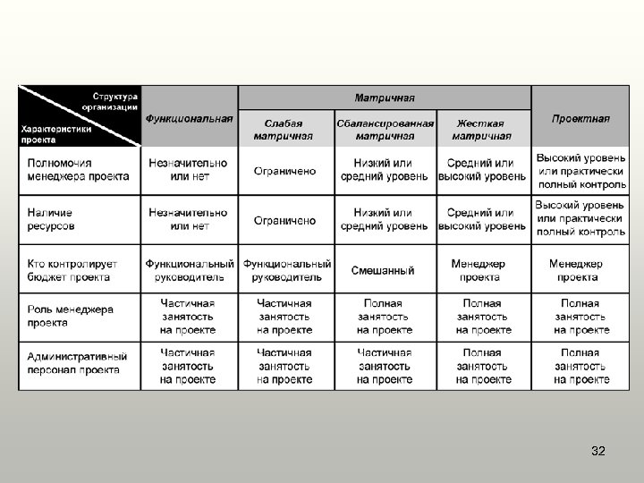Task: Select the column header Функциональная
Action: [x=190, y=117]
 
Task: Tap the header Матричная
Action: [x=385, y=97]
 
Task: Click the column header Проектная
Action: [x=580, y=117]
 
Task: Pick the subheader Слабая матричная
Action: [x=283, y=130]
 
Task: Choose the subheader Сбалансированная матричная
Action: [x=386, y=130]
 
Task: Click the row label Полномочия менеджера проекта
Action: [x=79, y=170]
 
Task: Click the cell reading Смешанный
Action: [x=383, y=270]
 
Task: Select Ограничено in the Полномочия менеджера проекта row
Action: [x=284, y=170]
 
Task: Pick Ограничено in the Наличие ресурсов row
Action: [x=284, y=220]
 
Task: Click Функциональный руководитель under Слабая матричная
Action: [x=287, y=270]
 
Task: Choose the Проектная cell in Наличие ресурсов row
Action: [x=580, y=219]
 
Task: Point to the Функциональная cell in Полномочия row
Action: [x=188, y=170]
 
